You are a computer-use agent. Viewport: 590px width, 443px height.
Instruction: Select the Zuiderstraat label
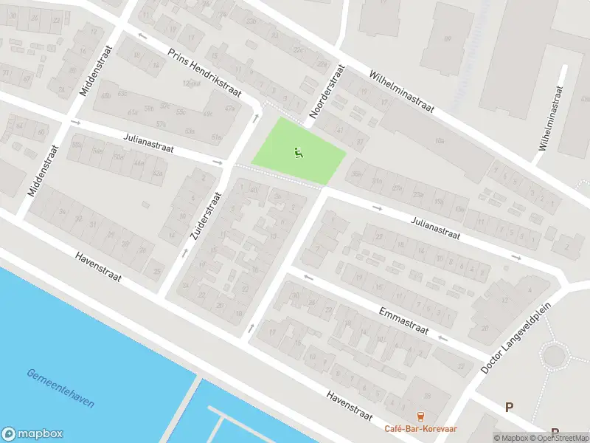coord(205,216)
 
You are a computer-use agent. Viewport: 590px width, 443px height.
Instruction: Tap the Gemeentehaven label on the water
coord(60,388)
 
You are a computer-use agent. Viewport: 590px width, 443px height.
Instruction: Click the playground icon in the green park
coord(299,154)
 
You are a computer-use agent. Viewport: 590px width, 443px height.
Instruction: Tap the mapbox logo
coord(32,434)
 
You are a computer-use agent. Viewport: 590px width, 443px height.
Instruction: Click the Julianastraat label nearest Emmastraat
coord(435,227)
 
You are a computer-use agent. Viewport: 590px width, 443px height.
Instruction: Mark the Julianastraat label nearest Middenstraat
coord(148,142)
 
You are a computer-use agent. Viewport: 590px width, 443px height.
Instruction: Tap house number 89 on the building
coord(447,38)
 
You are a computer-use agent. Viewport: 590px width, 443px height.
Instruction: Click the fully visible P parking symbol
coord(509,407)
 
